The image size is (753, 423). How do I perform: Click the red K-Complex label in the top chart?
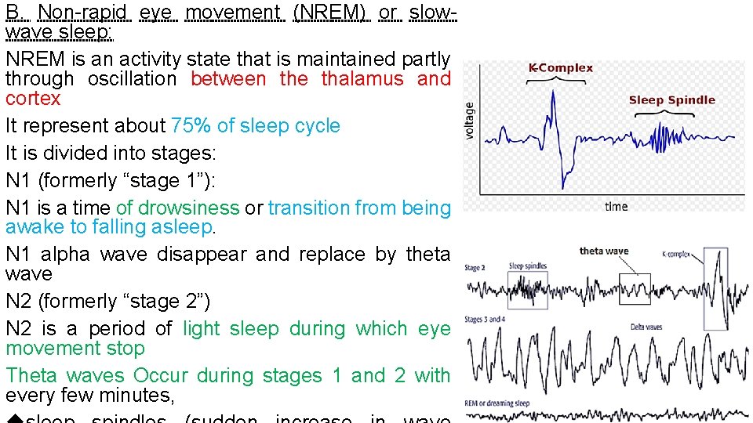pos(560,68)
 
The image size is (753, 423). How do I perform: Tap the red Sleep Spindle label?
pos(671,99)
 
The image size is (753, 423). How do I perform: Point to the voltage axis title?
pos(470,120)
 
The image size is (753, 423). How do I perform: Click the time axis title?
pos(616,206)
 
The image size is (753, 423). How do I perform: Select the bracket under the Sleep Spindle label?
pos(668,114)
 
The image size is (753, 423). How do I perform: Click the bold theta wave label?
pos(604,251)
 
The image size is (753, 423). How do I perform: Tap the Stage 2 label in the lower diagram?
pos(475,269)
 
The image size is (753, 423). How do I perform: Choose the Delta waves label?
pos(646,327)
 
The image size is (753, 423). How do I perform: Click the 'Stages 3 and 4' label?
pos(485,320)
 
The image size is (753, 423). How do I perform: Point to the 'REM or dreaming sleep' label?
pos(497,403)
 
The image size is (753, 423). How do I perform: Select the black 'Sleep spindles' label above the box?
pos(527,266)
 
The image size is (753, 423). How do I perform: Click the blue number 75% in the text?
pos(188,126)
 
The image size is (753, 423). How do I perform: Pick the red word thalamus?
pos(359,79)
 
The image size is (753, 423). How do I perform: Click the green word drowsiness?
pos(177,208)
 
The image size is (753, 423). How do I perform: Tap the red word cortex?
pos(33,99)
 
